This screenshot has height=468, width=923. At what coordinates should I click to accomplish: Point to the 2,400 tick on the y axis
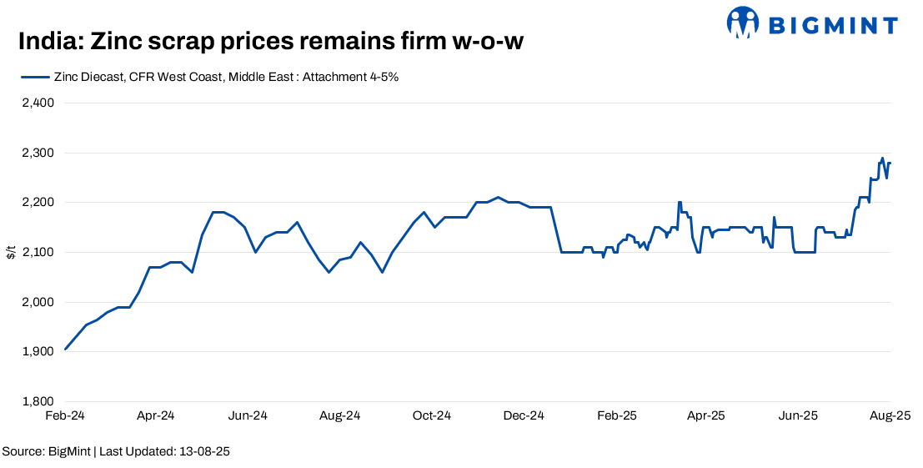(37, 103)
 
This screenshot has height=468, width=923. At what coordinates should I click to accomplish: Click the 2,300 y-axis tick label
(37, 153)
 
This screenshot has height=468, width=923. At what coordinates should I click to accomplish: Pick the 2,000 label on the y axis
(37, 302)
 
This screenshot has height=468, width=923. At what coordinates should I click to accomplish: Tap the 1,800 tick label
(37, 401)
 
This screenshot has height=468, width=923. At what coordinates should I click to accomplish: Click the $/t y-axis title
(11, 252)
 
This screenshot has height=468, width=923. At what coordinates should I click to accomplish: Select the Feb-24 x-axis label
(65, 415)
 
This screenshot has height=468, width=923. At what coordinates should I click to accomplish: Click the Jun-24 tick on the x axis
(248, 415)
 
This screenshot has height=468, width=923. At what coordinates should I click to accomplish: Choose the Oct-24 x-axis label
(432, 415)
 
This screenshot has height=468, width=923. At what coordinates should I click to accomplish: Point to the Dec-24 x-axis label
(524, 415)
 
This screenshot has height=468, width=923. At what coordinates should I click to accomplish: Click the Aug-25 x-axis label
(890, 415)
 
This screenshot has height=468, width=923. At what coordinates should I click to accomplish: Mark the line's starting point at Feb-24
(65, 350)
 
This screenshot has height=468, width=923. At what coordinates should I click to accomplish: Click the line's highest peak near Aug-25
(882, 158)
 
